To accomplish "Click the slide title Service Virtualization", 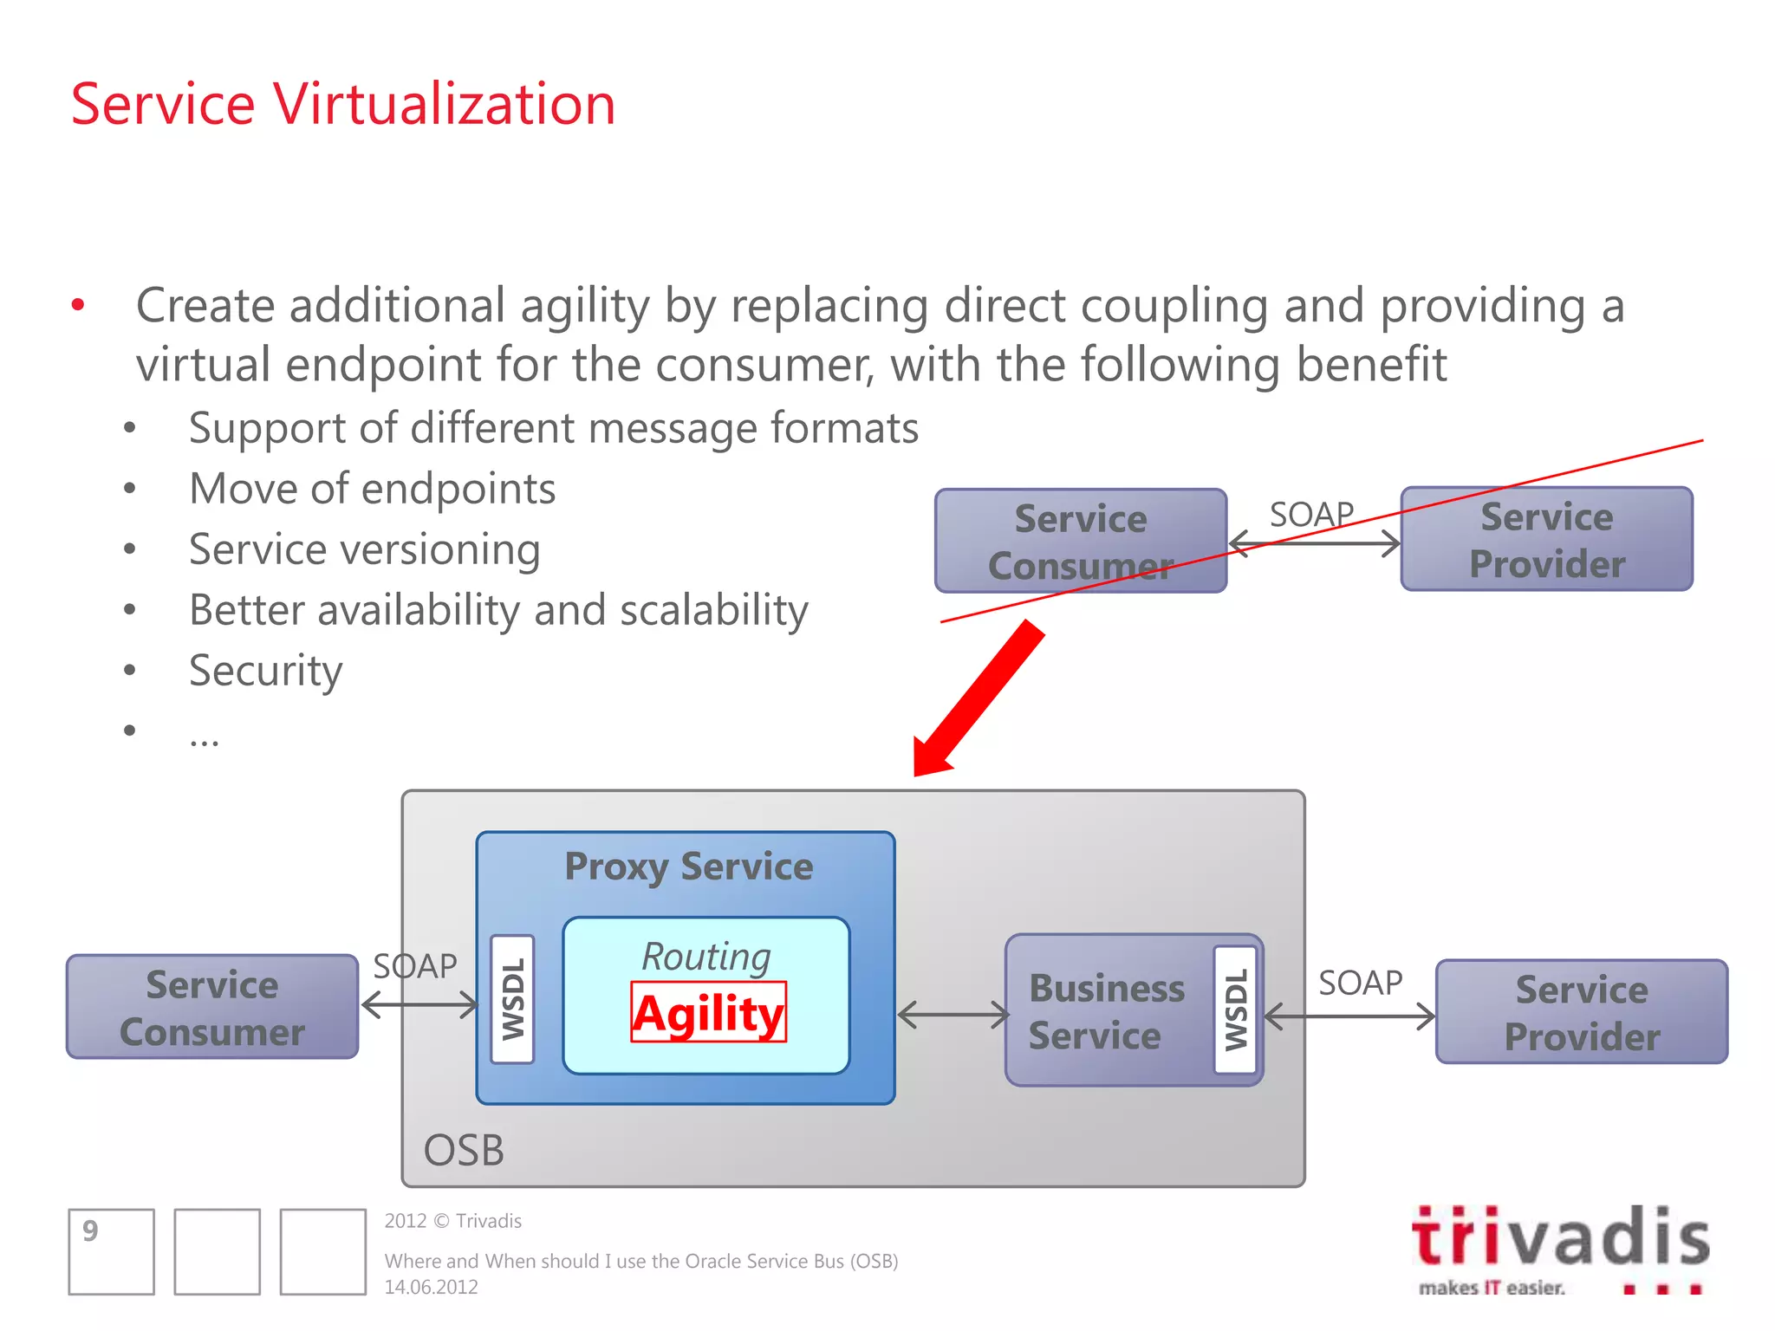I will point(342,105).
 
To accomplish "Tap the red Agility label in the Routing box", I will point(708,1013).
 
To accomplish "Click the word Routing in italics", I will point(705,957).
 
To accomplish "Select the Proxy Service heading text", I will point(688,867).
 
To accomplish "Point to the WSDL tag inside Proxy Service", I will point(512,999).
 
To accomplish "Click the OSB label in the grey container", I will point(463,1151).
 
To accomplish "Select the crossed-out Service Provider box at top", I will point(1546,540).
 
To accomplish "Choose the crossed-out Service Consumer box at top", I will point(1080,542).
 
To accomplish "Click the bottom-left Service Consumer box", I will point(212,1008).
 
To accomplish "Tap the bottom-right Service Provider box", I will point(1582,1012).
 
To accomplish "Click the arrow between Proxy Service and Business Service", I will point(952,1015).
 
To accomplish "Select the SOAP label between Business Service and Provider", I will point(1360,984).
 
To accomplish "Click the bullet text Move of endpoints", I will point(372,489).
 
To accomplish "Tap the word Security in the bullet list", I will point(265,671).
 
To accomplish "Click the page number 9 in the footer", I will point(91,1231).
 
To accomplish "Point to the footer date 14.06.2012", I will point(431,1288).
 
